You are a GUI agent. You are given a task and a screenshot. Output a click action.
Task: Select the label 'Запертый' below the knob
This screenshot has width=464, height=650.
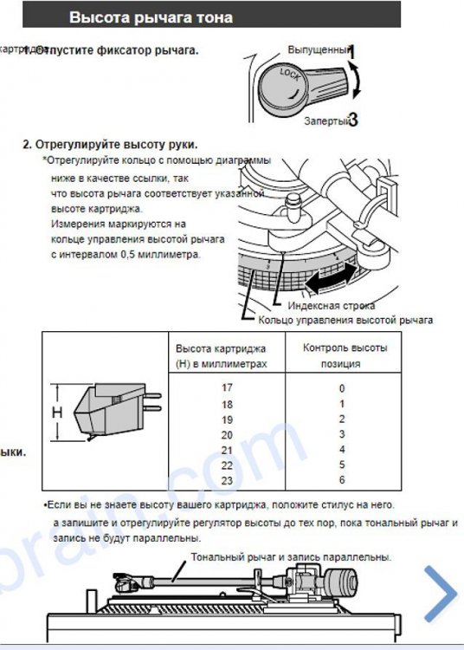[x=324, y=121]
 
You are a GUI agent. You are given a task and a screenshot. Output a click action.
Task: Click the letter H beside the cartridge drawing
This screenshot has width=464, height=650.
[x=57, y=413]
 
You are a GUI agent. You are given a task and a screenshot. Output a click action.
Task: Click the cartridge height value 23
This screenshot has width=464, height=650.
[x=228, y=479]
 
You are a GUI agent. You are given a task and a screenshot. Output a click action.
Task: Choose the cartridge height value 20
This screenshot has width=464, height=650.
[x=228, y=434]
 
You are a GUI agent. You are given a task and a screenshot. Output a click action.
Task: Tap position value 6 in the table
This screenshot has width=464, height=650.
[x=342, y=479]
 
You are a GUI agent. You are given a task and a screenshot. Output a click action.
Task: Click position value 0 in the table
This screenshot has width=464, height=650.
[x=342, y=388]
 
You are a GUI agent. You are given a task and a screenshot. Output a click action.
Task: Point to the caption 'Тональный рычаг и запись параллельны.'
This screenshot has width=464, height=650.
[x=291, y=556]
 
